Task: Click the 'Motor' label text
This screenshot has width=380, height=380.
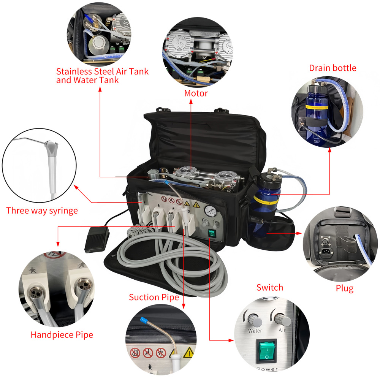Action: pos(196,93)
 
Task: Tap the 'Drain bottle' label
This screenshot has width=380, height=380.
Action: pos(332,68)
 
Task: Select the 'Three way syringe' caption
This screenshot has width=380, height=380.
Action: pos(42,211)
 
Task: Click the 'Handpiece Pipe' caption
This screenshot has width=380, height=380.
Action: pos(62,335)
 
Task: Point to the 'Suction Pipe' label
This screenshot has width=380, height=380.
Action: pos(154,297)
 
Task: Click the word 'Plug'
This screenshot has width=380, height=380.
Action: pos(344,288)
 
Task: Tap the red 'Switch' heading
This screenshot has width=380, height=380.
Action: pos(269,287)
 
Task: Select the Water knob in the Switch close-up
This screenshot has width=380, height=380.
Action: pos(255,320)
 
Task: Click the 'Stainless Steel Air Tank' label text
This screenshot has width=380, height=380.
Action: pos(102,71)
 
